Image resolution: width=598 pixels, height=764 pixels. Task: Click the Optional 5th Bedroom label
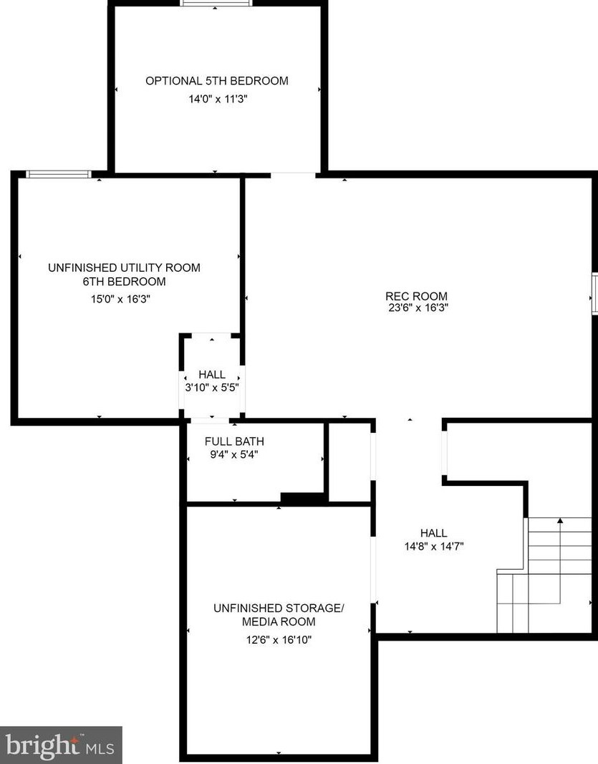(x=216, y=81)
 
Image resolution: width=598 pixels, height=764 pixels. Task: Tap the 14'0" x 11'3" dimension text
(x=216, y=100)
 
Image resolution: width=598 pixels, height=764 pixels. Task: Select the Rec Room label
(x=416, y=296)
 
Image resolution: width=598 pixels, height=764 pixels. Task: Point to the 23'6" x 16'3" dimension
(x=416, y=308)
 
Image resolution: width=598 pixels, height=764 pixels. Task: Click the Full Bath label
(x=233, y=441)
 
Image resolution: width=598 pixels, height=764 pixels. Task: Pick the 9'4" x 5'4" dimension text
(x=233, y=454)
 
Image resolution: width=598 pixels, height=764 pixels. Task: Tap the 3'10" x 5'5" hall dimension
(x=211, y=387)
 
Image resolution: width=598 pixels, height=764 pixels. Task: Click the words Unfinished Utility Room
(x=123, y=268)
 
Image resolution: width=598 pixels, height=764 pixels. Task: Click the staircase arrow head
(x=559, y=520)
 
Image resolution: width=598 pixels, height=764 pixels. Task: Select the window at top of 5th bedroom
(x=216, y=3)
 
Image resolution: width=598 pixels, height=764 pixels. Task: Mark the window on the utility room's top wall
(x=59, y=174)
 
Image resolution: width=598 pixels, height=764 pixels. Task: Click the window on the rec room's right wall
(x=594, y=294)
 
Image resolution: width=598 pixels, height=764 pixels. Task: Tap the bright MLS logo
(x=60, y=745)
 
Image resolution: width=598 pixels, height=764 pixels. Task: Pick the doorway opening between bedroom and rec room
(x=293, y=174)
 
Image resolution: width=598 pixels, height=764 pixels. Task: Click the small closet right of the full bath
(x=349, y=461)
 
